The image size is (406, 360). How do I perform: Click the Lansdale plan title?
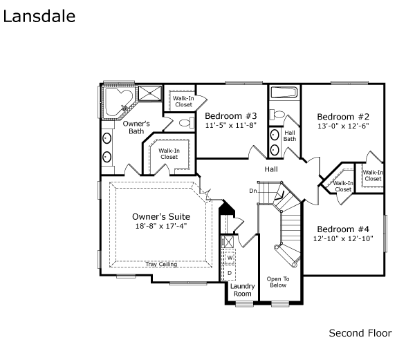39,17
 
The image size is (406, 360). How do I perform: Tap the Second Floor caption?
360,333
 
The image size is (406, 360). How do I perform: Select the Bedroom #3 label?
231,115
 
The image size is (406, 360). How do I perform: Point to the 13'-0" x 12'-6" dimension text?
343,126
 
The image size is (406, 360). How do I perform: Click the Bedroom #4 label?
343,229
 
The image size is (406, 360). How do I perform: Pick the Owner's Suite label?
161,216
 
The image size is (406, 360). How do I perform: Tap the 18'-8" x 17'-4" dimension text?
161,226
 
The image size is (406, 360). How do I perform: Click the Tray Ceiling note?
161,265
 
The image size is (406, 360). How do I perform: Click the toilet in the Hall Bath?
277,114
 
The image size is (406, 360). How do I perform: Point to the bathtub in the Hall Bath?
284,93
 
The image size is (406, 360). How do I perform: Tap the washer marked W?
230,258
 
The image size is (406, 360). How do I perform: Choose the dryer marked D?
230,273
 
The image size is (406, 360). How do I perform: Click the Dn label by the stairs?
253,191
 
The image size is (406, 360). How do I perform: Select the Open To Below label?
278,282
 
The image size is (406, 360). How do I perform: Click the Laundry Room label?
243,290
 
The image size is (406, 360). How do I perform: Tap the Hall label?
271,169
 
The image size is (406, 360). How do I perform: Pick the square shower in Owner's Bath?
149,93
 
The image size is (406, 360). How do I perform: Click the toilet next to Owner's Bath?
187,122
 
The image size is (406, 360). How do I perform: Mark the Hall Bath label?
290,135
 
